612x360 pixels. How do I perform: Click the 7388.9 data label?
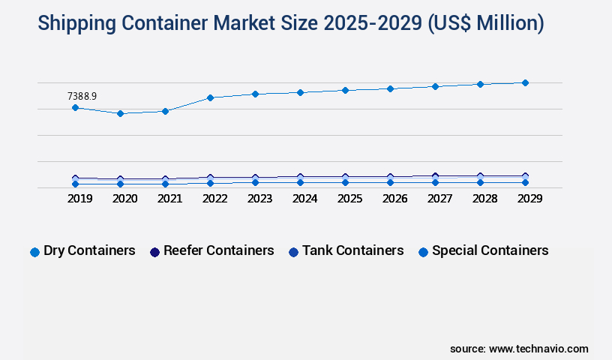(82, 96)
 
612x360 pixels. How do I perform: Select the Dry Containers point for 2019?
(75, 108)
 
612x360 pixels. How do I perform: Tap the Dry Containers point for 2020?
(120, 113)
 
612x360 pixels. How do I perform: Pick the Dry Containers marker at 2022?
(210, 97)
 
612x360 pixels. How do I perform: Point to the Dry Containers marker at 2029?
(525, 82)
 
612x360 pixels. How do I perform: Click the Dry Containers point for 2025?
(345, 90)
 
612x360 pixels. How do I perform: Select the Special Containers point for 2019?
(75, 184)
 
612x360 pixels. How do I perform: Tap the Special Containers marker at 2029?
(525, 182)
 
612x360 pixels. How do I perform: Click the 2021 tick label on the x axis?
(169, 199)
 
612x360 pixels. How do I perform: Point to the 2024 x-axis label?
(304, 199)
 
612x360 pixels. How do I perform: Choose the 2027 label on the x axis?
(439, 199)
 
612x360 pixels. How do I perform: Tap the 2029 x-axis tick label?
(529, 199)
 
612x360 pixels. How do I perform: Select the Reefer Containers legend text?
(219, 250)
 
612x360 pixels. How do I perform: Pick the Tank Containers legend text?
(353, 250)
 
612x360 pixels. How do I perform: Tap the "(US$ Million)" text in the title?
(486, 23)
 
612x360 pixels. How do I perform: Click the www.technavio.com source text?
(538, 349)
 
